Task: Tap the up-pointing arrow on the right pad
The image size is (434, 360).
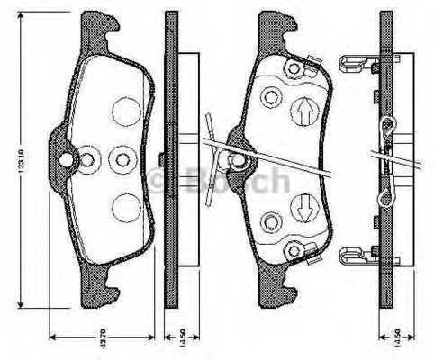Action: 304,112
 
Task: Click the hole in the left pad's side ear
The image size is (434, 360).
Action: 66,161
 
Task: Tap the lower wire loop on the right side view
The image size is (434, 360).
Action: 386,193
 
